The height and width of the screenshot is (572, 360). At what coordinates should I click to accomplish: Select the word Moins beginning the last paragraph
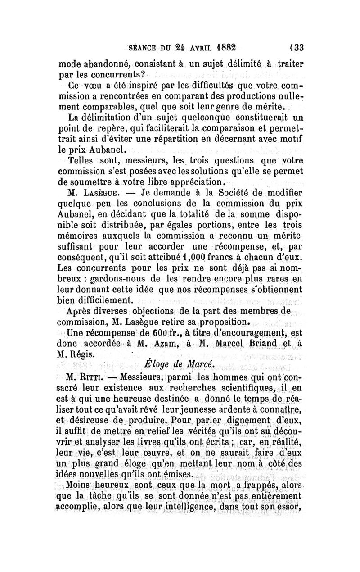[79, 485]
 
